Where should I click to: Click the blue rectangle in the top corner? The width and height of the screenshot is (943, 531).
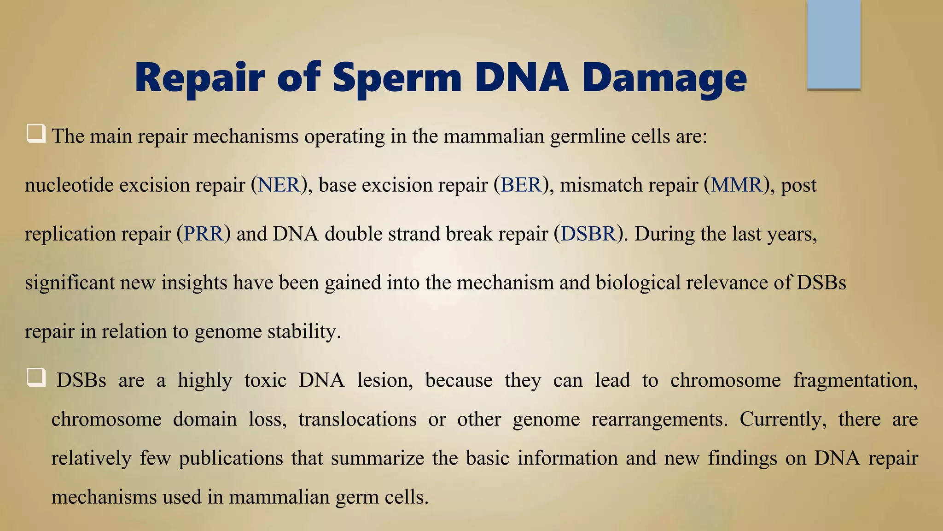click(x=833, y=44)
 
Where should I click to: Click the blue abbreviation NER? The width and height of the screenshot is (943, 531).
click(x=279, y=185)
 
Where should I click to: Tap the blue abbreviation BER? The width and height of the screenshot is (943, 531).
click(x=521, y=185)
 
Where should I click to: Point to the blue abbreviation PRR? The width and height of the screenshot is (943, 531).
click(x=203, y=234)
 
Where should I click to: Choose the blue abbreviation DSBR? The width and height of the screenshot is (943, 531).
click(x=588, y=234)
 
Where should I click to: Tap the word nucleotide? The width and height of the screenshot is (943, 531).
click(x=69, y=185)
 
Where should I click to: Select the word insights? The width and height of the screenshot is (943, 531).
click(x=194, y=283)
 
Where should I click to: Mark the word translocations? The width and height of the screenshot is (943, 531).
click(x=357, y=419)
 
